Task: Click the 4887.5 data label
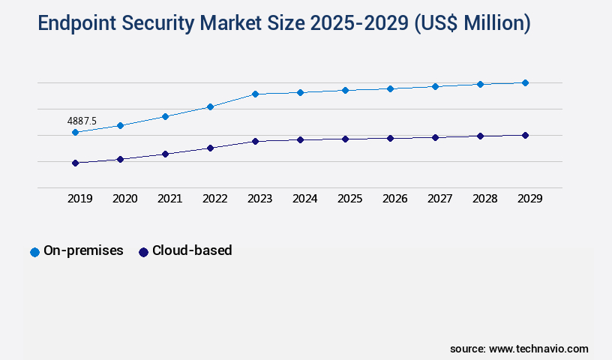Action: [x=82, y=121]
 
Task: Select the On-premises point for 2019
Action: [x=75, y=133]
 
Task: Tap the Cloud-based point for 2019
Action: [x=75, y=163]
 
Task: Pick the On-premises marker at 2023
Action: [x=255, y=94]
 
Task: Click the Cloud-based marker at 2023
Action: [x=255, y=141]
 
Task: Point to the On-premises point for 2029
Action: [x=525, y=82]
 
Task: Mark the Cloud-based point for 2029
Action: [x=525, y=136]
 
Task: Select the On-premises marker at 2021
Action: [x=165, y=116]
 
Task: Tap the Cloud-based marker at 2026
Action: [x=390, y=138]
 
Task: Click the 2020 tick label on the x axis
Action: [x=124, y=199]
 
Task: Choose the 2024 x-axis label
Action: [x=304, y=199]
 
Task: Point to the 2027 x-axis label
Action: [x=439, y=199]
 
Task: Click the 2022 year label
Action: [x=214, y=199]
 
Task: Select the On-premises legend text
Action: [x=83, y=251]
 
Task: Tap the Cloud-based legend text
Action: [x=192, y=251]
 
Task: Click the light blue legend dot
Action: [x=34, y=252]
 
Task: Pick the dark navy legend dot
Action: [x=143, y=252]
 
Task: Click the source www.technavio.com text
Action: [x=519, y=349]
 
